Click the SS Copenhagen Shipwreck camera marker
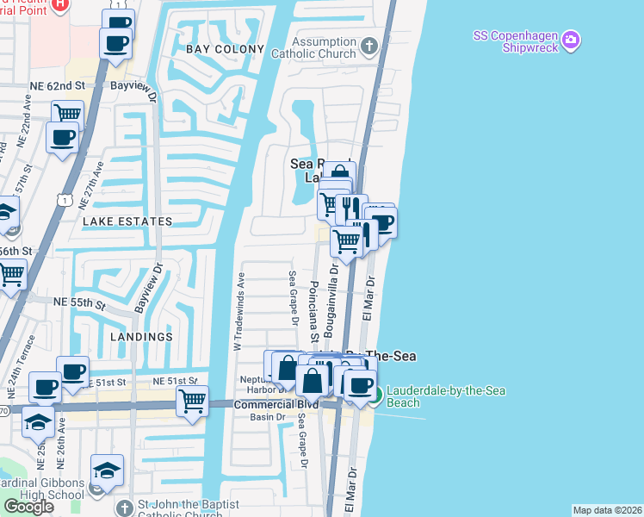[570, 40]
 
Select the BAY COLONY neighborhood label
[225, 49]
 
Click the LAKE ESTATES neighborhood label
[127, 221]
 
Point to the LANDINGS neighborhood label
[134, 337]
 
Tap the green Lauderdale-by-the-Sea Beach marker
[375, 396]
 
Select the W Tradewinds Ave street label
[239, 311]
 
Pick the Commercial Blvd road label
[275, 404]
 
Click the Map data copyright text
[607, 510]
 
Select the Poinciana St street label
[315, 307]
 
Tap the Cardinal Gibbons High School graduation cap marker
[107, 470]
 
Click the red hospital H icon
[59, 4]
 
